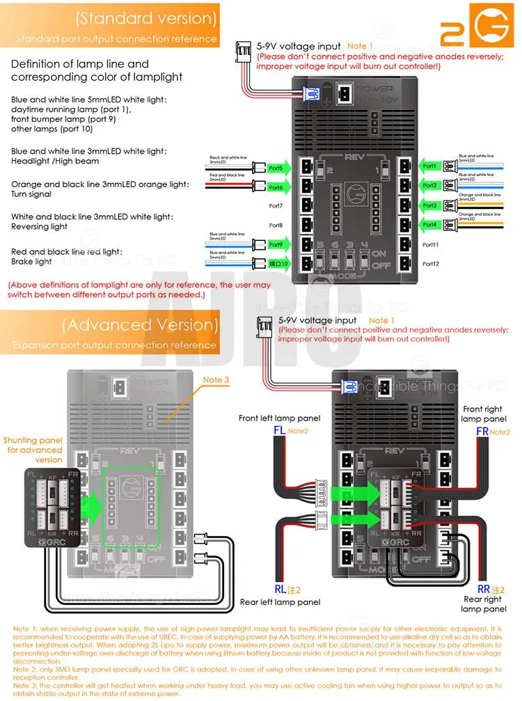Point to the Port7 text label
point(276,206)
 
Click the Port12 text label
point(431,264)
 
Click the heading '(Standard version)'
point(145,18)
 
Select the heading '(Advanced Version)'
point(139,324)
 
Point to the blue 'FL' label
point(280,431)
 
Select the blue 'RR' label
point(481,587)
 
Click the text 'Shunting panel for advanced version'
point(33,450)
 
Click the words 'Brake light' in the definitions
point(31,262)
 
